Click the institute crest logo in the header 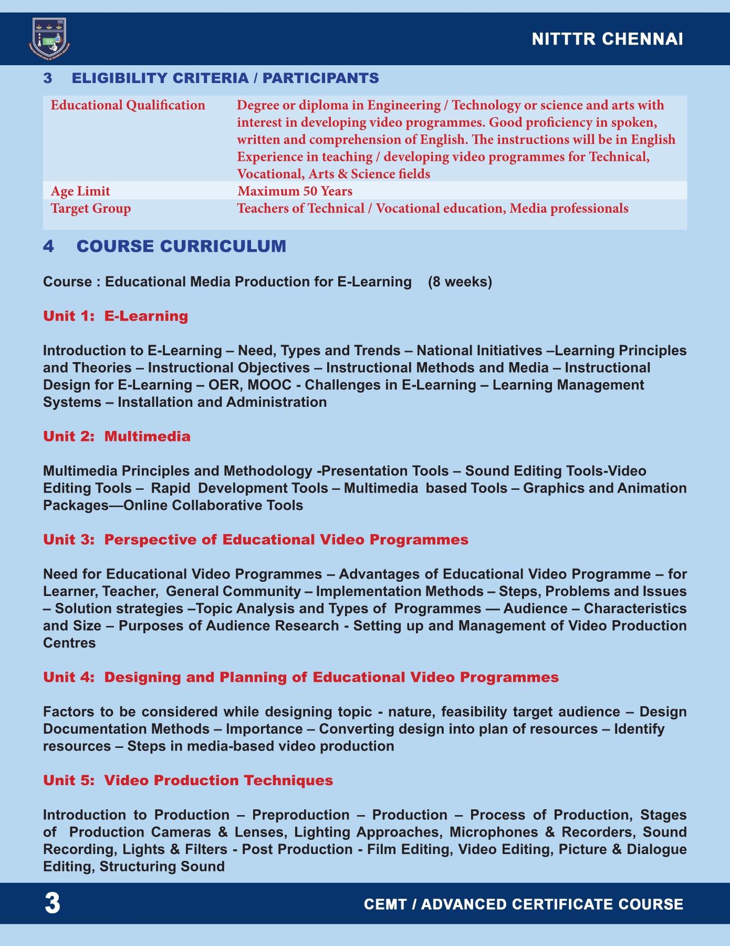point(49,38)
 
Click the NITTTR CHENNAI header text point(607,39)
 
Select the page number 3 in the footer point(52,903)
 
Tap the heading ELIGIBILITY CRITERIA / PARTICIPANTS point(225,78)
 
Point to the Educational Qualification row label point(128,105)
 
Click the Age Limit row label point(80,191)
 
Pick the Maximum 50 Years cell point(295,191)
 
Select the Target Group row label point(91,208)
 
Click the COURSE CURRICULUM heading point(181,246)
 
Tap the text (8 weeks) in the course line point(460,282)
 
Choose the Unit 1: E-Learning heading point(116,316)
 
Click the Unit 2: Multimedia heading point(117,436)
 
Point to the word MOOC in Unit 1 point(269,385)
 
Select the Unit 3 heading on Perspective point(256,540)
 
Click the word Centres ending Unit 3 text point(69,643)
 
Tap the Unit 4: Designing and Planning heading point(301,677)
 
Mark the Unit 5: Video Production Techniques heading point(188,780)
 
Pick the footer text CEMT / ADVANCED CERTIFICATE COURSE point(524,904)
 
